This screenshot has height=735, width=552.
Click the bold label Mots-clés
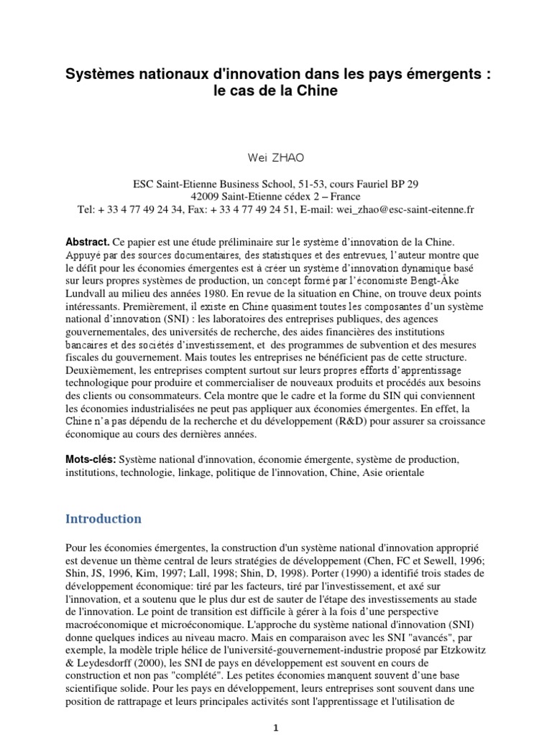(x=91, y=459)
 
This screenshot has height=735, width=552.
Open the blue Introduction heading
(x=103, y=519)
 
